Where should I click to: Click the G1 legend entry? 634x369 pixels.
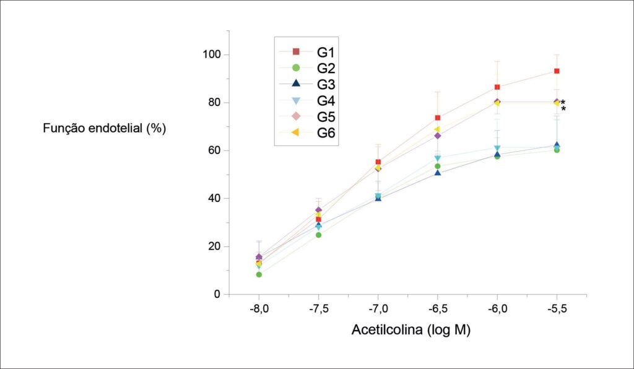pos(307,52)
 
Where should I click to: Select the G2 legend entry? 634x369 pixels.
pos(307,68)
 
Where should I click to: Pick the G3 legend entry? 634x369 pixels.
pos(307,84)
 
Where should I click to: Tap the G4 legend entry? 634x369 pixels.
pos(307,100)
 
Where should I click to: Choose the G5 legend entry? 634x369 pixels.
pos(307,116)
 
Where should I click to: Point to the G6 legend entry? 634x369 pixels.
pos(307,132)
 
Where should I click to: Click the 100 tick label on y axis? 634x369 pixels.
pos(212,54)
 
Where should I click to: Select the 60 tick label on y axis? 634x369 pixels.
pos(214,150)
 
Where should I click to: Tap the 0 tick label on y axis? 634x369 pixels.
pos(217,294)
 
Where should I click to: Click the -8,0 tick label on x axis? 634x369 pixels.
pos(259,309)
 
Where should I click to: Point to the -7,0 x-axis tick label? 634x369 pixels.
pos(378,309)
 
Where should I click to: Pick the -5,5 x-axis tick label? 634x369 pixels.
pos(557,309)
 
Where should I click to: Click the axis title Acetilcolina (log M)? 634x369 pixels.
pos(411,330)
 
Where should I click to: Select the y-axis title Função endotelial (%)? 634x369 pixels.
pos(104,129)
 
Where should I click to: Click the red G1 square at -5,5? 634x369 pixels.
pos(557,71)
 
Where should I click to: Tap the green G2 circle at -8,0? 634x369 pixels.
pos(259,275)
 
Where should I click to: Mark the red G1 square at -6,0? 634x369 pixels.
pos(497,87)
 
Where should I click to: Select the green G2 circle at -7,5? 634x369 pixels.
pos(319,235)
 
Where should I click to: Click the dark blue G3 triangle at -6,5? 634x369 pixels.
pos(438,173)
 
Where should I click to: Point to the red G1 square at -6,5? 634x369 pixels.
pos(438,118)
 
